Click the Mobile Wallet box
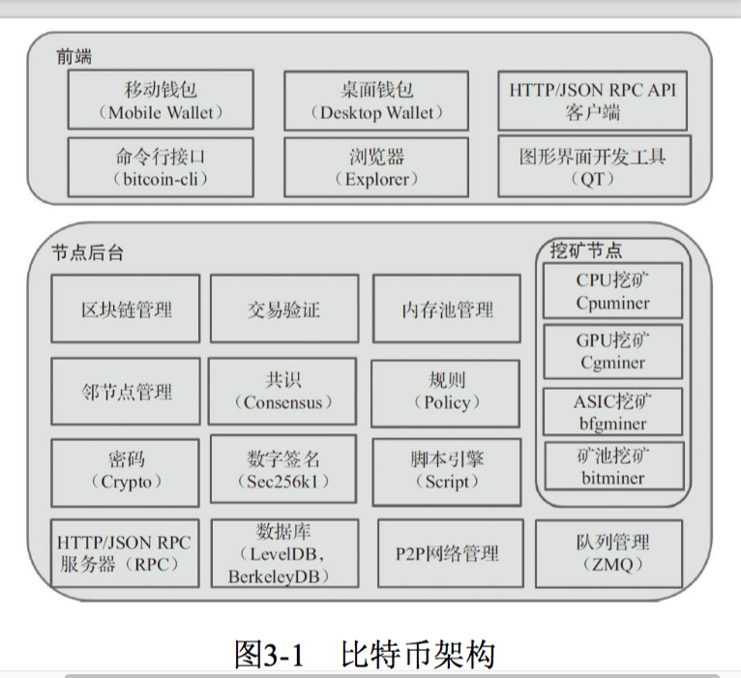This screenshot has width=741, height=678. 161,100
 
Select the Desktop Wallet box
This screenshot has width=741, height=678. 376,100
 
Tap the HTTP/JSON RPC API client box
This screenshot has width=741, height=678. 592,100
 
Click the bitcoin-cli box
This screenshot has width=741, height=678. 161,167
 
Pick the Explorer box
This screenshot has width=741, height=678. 376,167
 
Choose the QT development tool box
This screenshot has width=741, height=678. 592,167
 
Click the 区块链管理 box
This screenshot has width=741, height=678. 126,309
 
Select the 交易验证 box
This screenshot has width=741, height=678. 283,309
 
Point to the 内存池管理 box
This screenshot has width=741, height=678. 447,309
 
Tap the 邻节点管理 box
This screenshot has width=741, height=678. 126,392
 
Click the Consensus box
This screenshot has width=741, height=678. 283,392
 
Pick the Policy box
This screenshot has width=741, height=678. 447,392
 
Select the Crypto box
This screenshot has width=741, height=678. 126,471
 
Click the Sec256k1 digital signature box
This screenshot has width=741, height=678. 283,469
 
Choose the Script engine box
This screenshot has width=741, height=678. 447,471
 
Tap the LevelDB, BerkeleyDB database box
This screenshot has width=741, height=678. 283,553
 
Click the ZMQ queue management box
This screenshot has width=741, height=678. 608,553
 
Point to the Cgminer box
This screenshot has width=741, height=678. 613,352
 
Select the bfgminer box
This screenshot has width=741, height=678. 613,412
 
